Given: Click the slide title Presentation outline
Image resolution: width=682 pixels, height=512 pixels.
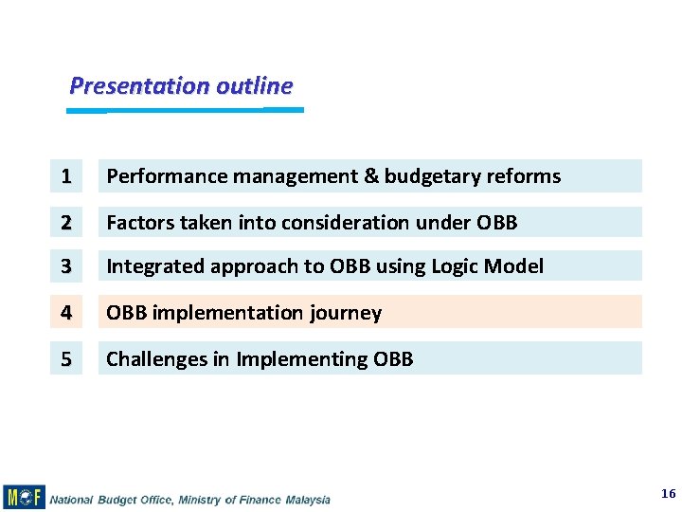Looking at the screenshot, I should [x=181, y=86].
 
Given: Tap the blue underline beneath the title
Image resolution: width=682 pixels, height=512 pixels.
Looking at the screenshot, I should [x=185, y=110].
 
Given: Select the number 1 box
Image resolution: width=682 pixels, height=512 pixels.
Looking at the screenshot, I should [x=66, y=176].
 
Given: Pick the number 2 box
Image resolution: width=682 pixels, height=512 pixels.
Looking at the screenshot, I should [x=66, y=223].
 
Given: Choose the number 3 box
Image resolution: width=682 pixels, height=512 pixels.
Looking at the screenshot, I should [x=66, y=266].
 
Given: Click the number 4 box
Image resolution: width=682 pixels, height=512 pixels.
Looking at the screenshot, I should [x=66, y=312].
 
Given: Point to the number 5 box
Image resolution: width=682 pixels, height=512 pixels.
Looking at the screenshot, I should [x=66, y=358].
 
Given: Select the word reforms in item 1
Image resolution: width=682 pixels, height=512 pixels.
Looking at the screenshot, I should [x=525, y=176].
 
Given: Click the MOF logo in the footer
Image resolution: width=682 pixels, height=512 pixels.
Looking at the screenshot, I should [x=24, y=497].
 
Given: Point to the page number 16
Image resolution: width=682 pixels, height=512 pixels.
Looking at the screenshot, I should [x=668, y=494].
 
